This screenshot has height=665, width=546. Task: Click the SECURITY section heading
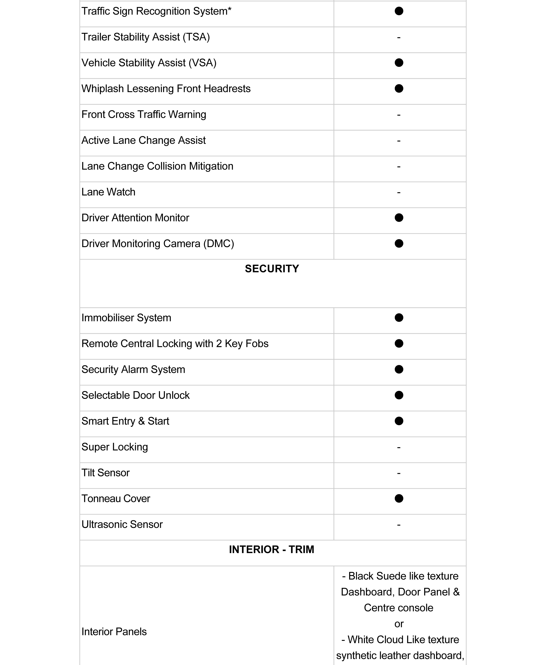tap(272, 269)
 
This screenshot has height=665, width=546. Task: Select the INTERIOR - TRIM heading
tap(271, 549)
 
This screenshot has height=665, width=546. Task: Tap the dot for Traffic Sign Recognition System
tap(399, 11)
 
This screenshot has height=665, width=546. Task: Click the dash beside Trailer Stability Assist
tap(399, 38)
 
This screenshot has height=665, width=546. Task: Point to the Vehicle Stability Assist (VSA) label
tap(149, 63)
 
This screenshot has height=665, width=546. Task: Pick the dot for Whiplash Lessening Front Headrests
tap(399, 89)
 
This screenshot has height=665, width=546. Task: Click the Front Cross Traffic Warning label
tap(144, 114)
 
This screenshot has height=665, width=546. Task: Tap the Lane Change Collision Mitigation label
tap(157, 166)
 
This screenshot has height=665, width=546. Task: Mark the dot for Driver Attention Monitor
tap(399, 218)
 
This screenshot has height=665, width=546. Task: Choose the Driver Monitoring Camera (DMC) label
tap(158, 244)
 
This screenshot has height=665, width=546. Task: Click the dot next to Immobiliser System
tap(399, 318)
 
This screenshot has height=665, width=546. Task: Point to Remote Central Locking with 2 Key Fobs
tap(175, 343)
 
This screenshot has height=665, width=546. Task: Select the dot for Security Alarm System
tap(399, 369)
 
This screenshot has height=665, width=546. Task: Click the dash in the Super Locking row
tap(399, 447)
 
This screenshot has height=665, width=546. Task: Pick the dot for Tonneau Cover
tap(399, 498)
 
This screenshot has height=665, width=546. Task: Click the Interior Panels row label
tap(114, 632)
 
